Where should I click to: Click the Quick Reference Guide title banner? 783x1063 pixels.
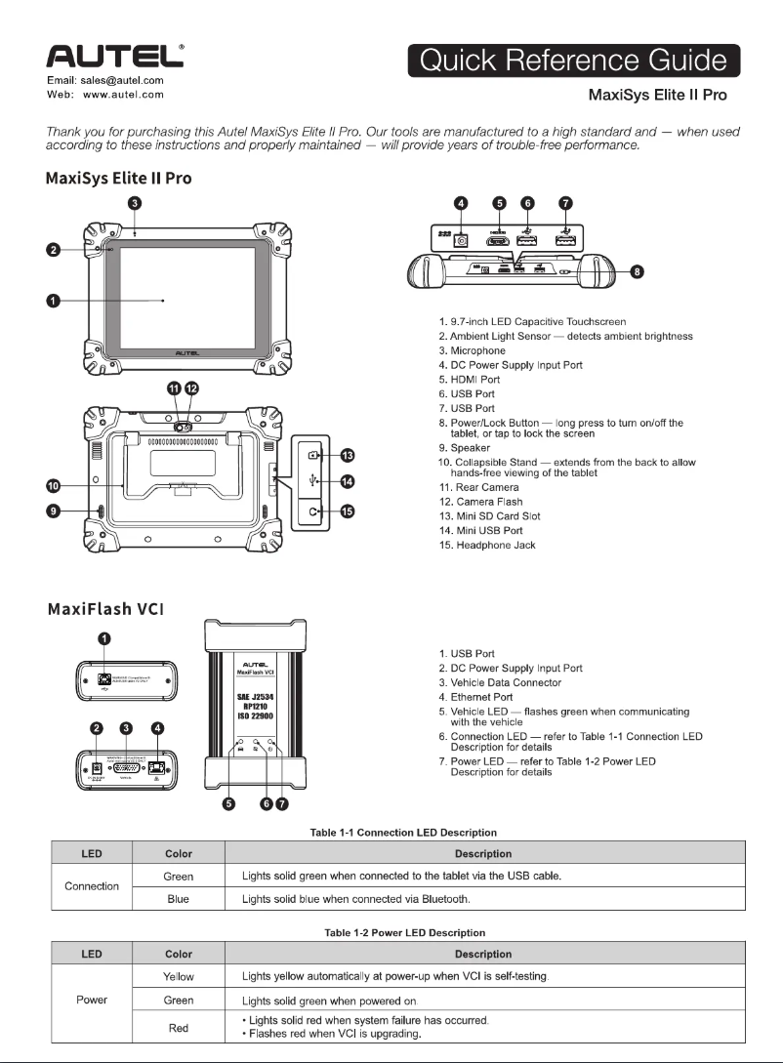pyautogui.click(x=574, y=61)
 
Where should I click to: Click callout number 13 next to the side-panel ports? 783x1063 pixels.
pyautogui.click(x=347, y=455)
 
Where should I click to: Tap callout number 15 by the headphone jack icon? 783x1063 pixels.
pyautogui.click(x=347, y=511)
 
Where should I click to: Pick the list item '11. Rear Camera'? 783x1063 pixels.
pyautogui.click(x=478, y=487)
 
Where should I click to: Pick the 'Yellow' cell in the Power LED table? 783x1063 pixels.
pyautogui.click(x=178, y=976)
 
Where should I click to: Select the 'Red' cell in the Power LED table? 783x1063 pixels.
pyautogui.click(x=178, y=1028)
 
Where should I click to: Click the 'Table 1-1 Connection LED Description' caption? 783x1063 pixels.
pyautogui.click(x=403, y=833)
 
